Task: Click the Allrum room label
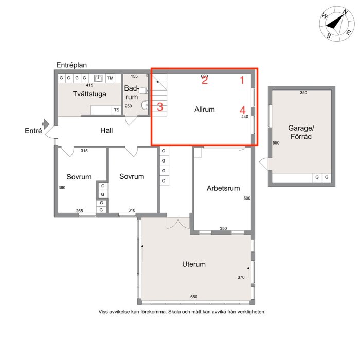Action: [x=205, y=109]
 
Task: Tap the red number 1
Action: [x=242, y=80]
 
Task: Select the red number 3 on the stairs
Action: [x=160, y=107]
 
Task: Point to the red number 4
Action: [x=242, y=110]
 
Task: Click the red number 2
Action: [x=205, y=80]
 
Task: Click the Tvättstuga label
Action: [x=89, y=94]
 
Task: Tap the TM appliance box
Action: [x=110, y=78]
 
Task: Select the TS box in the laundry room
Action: [x=117, y=110]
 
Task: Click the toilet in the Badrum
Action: [x=143, y=91]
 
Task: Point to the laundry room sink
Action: [x=98, y=78]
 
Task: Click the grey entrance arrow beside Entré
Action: [x=46, y=124]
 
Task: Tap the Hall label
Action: [x=106, y=131]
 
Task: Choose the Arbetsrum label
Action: [x=223, y=188]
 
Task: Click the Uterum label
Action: [x=194, y=264]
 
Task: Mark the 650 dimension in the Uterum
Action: [x=194, y=297]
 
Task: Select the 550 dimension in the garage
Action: [x=276, y=143]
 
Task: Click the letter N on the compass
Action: [x=345, y=12]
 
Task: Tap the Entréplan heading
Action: [x=71, y=65]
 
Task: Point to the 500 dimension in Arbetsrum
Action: [x=247, y=198]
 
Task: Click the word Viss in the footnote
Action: [x=103, y=312]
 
